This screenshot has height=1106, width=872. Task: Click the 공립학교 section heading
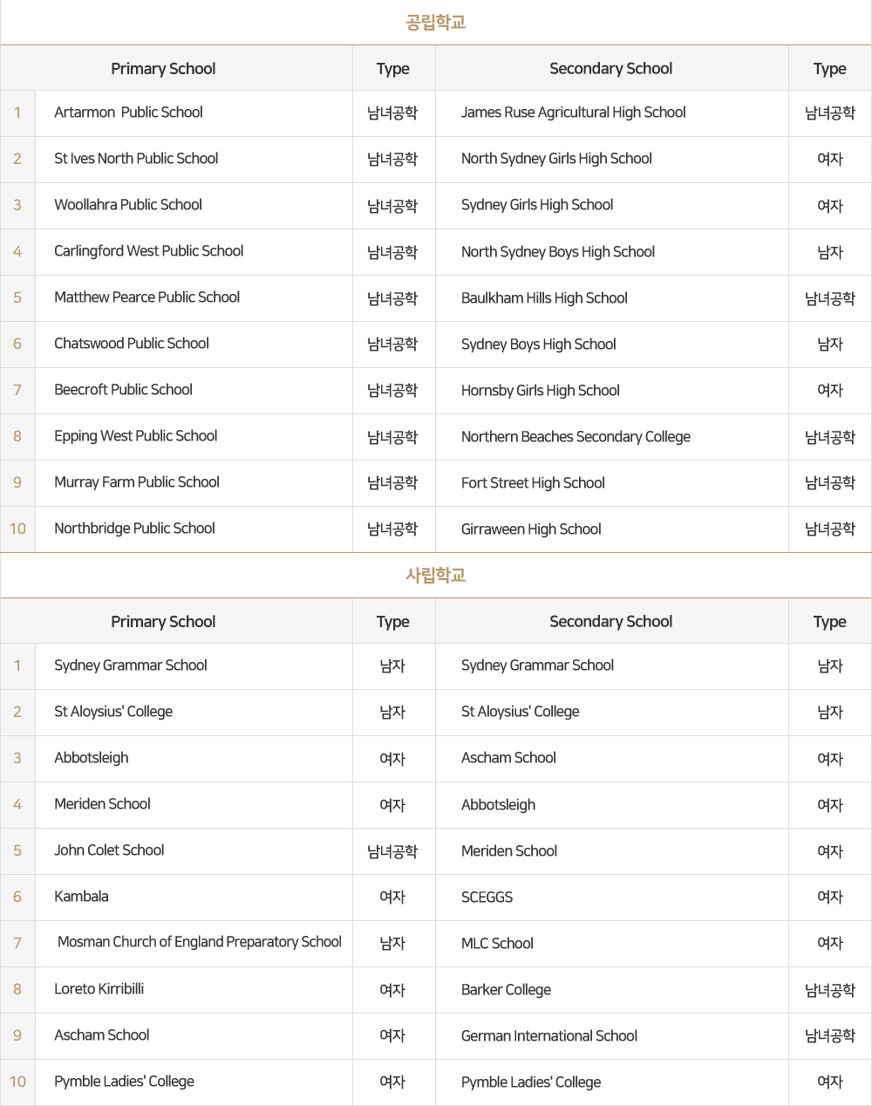click(435, 22)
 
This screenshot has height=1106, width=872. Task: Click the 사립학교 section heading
click(435, 575)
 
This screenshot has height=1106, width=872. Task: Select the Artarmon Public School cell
click(128, 113)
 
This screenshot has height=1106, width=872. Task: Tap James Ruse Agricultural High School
click(573, 113)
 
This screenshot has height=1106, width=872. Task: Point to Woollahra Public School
click(128, 205)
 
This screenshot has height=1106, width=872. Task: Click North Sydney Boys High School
click(557, 252)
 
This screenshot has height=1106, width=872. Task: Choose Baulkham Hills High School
click(544, 298)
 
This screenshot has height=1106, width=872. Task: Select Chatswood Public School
click(132, 344)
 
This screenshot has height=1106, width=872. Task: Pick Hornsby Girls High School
click(540, 391)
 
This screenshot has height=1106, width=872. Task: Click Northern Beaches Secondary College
click(576, 437)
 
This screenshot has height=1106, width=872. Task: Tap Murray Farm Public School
click(137, 482)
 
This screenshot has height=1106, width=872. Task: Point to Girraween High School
click(531, 529)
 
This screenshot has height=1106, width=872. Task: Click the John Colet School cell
click(109, 850)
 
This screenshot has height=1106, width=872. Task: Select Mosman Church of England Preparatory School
click(199, 942)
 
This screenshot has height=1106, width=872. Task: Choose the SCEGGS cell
click(487, 898)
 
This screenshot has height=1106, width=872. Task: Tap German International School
click(548, 1036)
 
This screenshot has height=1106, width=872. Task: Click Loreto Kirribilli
click(99, 989)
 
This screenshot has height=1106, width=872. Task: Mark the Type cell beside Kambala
click(392, 897)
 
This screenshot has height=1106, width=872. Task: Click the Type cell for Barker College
click(829, 990)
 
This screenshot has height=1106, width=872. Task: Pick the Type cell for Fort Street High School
click(829, 483)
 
